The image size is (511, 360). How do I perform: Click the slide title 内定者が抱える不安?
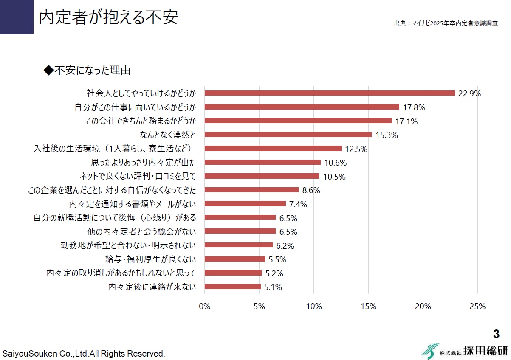coord(108,17)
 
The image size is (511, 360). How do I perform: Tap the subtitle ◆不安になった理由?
coord(87,70)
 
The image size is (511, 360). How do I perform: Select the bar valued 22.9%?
coord(330,93)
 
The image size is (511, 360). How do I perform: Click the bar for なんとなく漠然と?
coord(288,135)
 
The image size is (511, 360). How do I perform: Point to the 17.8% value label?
coord(414,107)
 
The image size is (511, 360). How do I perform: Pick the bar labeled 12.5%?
coord(273,149)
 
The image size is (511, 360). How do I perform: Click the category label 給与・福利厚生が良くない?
coord(150,259)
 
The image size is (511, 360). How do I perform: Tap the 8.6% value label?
coord(311,191)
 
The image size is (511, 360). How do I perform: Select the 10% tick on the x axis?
coord(313,307)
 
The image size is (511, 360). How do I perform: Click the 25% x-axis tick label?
coord(477,307)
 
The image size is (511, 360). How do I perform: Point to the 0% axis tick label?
coord(205,307)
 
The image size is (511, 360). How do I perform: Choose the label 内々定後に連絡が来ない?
coord(152,287)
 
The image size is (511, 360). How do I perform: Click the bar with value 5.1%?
coord(232,287)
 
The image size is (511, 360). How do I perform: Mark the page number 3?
coord(496,334)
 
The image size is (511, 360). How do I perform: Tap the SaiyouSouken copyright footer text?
coord(84,353)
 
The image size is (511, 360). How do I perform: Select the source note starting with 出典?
coord(446,23)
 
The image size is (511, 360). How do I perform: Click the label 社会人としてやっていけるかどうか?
coord(141,93)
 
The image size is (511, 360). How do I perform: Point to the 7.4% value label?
coord(298,205)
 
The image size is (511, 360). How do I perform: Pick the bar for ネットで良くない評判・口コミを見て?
coord(262,176)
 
